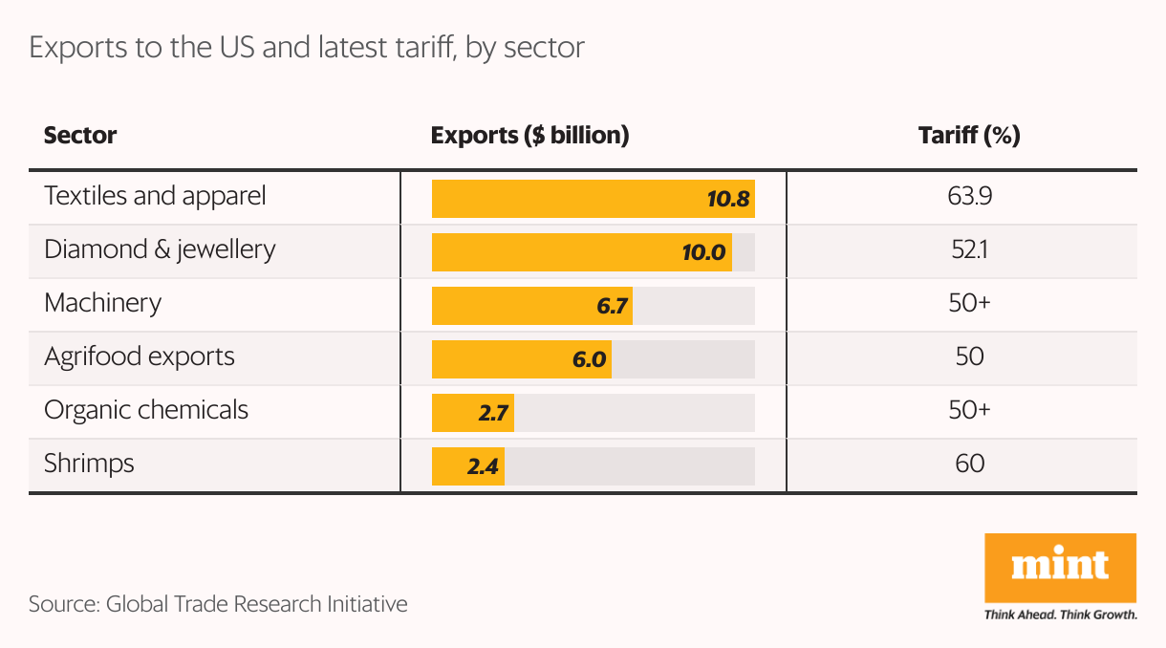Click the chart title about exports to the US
pos(306,48)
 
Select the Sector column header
pos(80,136)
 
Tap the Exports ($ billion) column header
pos(529,136)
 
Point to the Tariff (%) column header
pos(969,136)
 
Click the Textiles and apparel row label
pos(155,196)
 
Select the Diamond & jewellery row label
pos(160,249)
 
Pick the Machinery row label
pos(103,303)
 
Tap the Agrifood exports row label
pos(140,356)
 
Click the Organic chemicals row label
pos(146,410)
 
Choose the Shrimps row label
pos(89,464)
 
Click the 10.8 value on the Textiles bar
pos(729,200)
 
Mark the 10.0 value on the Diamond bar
pos(703,253)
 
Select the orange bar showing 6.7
pos(531,307)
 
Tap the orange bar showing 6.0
pos(521,360)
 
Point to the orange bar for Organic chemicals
pos(472,414)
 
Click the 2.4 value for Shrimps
pos(484,467)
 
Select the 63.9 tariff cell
pos(969,196)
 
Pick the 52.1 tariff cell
pos(969,249)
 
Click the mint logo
pos(1060,568)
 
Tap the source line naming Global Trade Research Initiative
pos(218,604)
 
